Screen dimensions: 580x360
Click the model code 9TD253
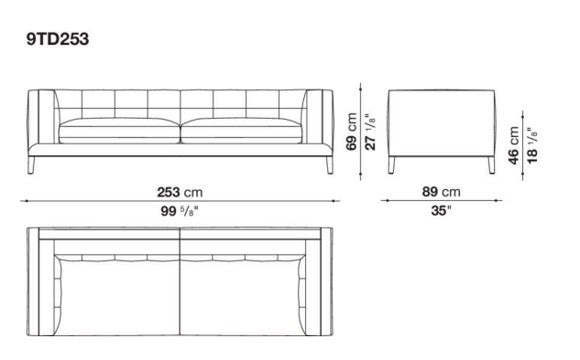tap(57, 39)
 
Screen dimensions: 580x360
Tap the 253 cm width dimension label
tap(180, 192)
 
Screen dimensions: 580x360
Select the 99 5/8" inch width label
tap(179, 211)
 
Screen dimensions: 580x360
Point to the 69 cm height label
tap(351, 132)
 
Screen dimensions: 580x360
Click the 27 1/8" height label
tap(370, 132)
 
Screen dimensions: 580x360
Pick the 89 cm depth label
tap(441, 192)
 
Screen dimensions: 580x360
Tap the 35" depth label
tap(441, 211)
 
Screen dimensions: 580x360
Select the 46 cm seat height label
tap(513, 145)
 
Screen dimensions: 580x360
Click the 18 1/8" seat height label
tap(532, 146)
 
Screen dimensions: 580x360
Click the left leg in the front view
tap(31, 165)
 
